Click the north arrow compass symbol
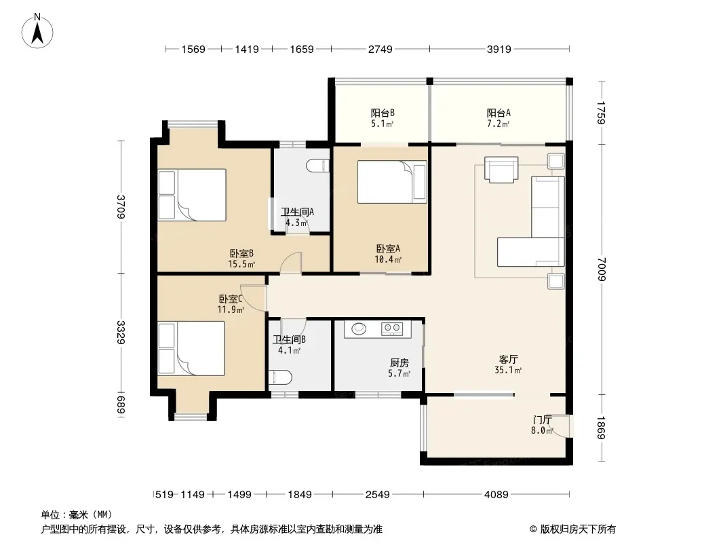tap(37, 31)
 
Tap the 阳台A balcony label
tap(499, 113)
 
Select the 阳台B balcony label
tap(383, 113)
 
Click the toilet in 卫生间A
tap(319, 166)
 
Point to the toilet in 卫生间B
tap(280, 377)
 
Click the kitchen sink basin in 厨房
tap(359, 329)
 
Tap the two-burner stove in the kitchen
tap(392, 329)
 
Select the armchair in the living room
tap(501, 170)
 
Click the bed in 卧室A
tap(392, 182)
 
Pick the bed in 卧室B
tap(192, 195)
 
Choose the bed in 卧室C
tap(191, 348)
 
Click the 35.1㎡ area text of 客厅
tap(508, 370)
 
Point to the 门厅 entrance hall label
tap(543, 420)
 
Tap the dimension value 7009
tap(602, 269)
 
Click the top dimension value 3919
tap(499, 49)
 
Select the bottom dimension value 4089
tap(496, 495)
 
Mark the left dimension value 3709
tap(121, 207)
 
